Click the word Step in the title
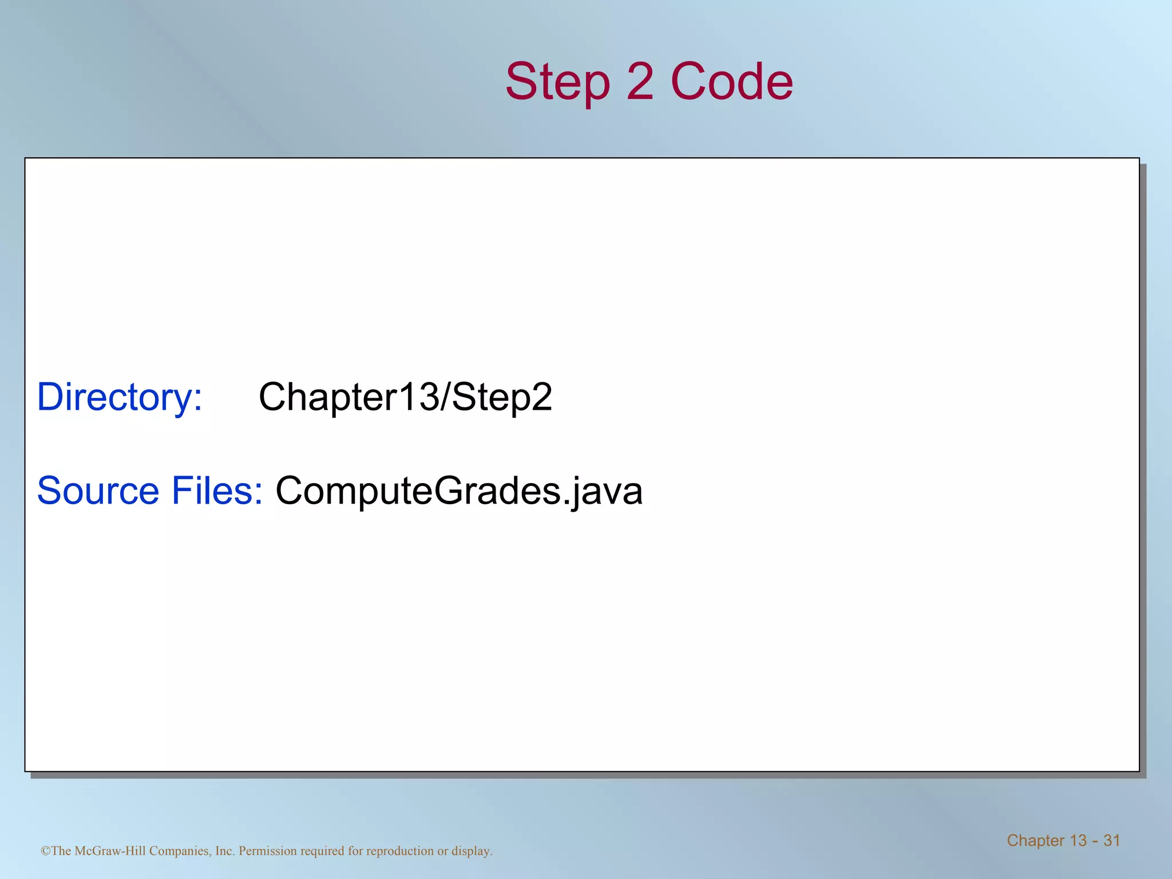click(x=557, y=82)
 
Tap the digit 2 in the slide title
click(x=640, y=82)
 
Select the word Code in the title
click(x=732, y=82)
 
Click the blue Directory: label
click(x=120, y=397)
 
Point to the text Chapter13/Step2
click(x=405, y=397)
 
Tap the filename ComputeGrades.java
click(x=459, y=490)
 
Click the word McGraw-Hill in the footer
click(x=110, y=851)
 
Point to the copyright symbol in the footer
click(x=45, y=851)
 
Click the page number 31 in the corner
click(x=1111, y=840)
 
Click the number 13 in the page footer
click(x=1078, y=840)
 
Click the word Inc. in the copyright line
click(x=225, y=851)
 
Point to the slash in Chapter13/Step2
click(x=445, y=397)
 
